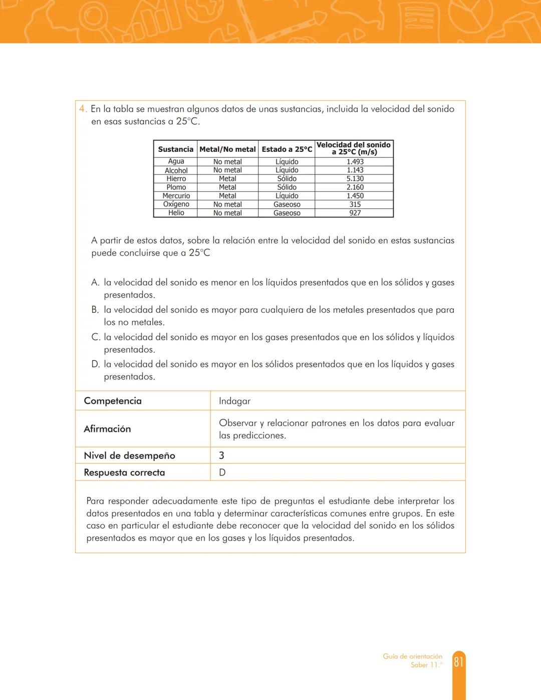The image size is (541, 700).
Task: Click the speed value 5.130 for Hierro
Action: (x=355, y=179)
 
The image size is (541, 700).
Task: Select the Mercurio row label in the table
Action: (x=176, y=196)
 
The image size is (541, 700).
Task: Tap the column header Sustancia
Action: (x=175, y=149)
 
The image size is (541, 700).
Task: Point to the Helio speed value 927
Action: (x=355, y=213)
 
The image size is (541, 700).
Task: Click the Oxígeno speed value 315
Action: (x=355, y=204)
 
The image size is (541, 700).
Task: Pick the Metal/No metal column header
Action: (x=227, y=149)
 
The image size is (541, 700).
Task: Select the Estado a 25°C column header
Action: (x=287, y=149)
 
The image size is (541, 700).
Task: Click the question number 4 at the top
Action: (x=83, y=109)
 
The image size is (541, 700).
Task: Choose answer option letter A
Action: (x=95, y=283)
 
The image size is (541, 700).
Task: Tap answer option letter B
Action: (x=95, y=310)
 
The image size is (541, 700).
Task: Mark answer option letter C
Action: (x=96, y=337)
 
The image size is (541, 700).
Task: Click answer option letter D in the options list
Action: (x=96, y=365)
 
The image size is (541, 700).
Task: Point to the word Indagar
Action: (x=234, y=401)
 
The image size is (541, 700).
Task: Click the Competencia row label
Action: (x=113, y=401)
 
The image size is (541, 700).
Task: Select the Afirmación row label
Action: (x=107, y=429)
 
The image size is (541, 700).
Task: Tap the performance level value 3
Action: (x=221, y=455)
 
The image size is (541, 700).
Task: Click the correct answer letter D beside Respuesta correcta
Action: (x=222, y=473)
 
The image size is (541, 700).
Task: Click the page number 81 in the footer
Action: (x=458, y=662)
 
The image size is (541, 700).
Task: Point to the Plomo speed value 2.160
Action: (x=355, y=187)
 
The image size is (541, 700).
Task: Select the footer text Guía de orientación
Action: (x=412, y=656)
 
